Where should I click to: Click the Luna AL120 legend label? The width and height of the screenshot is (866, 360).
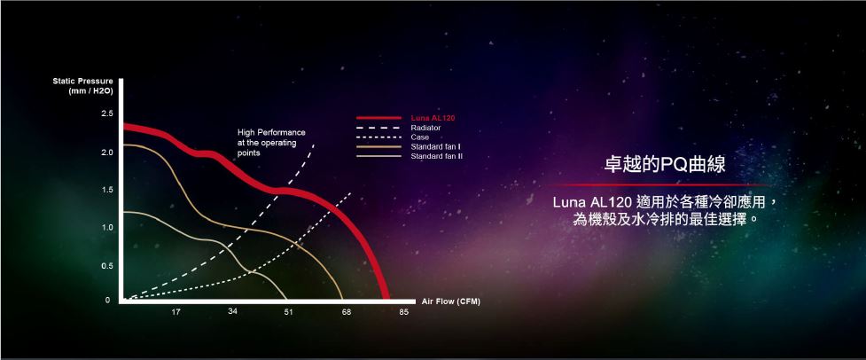[x=433, y=118]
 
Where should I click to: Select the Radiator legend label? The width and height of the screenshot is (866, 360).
[x=425, y=128]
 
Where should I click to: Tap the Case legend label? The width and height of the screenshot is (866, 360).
[x=420, y=137]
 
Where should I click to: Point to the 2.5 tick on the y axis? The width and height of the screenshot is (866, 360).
[x=107, y=113]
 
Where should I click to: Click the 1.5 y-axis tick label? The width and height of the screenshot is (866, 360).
[x=107, y=190]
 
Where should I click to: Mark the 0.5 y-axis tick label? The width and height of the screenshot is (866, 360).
[x=107, y=266]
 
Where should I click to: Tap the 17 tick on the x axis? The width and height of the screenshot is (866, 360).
[x=176, y=312]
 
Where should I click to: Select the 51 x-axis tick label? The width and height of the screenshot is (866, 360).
[x=288, y=312]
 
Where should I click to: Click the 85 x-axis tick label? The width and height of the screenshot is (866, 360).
[x=404, y=312]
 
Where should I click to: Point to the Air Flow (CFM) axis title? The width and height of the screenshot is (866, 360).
[x=451, y=301]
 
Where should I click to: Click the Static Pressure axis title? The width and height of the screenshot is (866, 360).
[x=82, y=86]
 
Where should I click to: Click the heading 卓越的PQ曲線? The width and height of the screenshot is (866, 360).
[x=665, y=165]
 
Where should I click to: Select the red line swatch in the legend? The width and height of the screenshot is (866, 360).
[x=378, y=118]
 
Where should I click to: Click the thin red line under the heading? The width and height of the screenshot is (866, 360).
[x=660, y=185]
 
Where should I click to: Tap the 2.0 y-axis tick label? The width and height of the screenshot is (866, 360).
[x=107, y=153]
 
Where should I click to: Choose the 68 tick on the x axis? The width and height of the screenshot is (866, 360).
[x=347, y=312]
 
